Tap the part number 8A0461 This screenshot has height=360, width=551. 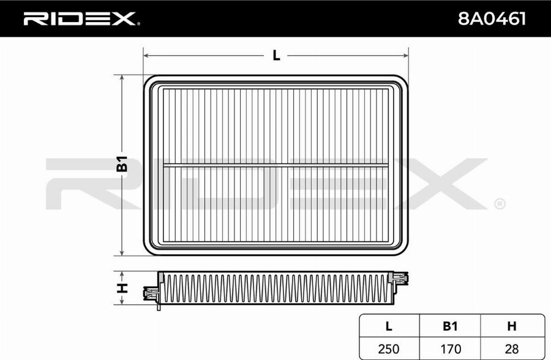click(x=492, y=18)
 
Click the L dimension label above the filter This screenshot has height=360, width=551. click(x=277, y=56)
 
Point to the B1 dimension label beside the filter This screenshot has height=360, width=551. click(x=122, y=163)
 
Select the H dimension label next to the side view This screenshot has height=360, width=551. click(x=122, y=288)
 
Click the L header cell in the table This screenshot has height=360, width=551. click(x=389, y=326)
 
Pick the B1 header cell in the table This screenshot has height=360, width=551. click(x=450, y=326)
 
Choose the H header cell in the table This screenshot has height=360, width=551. click(x=512, y=326)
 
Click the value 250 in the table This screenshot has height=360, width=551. click(x=389, y=349)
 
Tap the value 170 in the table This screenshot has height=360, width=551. click(x=450, y=349)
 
